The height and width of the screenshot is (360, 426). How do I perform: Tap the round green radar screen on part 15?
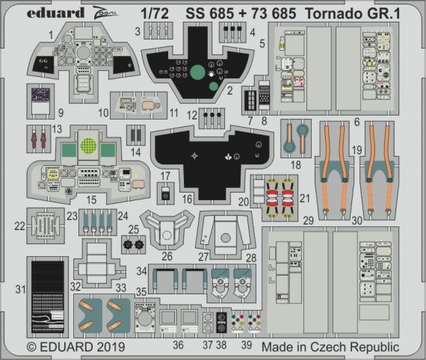click(x=89, y=145)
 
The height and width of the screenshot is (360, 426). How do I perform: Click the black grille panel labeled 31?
click(x=49, y=295)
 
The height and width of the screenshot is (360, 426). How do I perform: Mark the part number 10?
click(x=105, y=114)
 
